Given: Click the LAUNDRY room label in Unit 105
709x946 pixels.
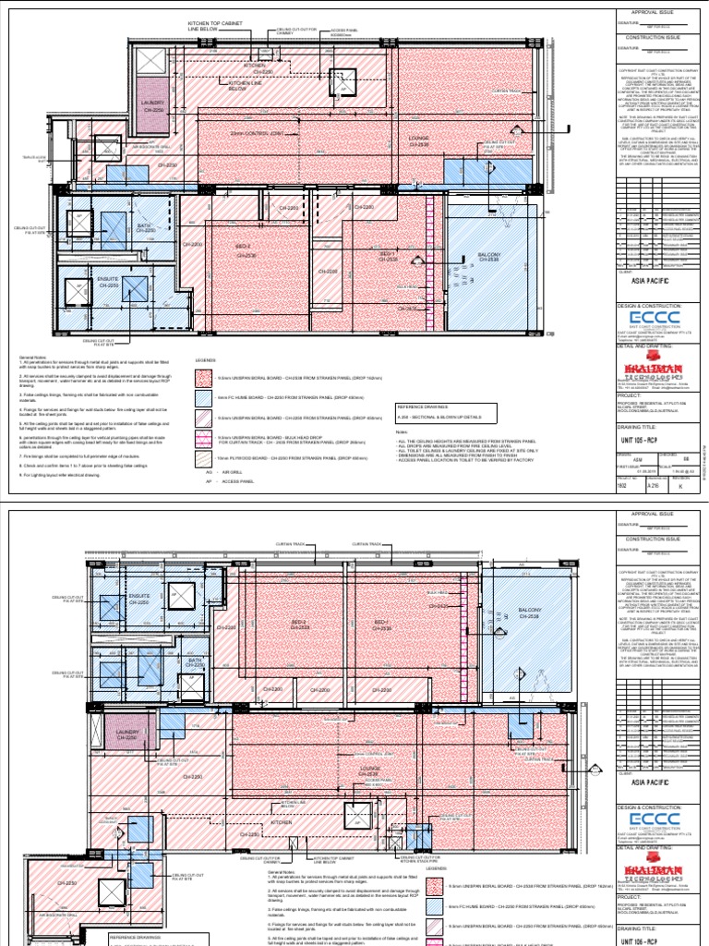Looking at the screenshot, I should pyautogui.click(x=151, y=105).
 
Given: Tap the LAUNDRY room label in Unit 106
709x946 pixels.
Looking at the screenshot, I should pyautogui.click(x=127, y=734).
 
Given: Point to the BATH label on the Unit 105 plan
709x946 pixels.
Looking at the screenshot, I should pyautogui.click(x=144, y=227).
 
